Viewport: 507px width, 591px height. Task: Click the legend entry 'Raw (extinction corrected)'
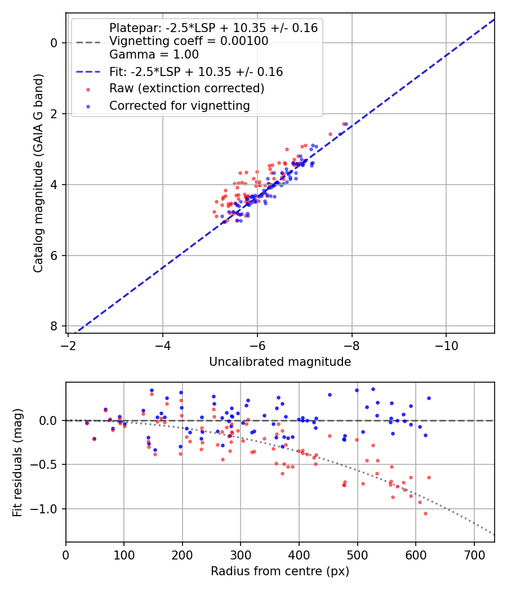(x=186, y=88)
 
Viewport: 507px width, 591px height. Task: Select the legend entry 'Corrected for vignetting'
(x=179, y=105)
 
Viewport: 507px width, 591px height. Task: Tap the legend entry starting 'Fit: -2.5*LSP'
(x=195, y=71)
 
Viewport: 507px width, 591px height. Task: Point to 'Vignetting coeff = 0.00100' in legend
(x=189, y=41)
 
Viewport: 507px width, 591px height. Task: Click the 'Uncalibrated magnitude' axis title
(x=280, y=362)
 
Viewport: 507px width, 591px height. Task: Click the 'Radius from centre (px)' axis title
(x=280, y=571)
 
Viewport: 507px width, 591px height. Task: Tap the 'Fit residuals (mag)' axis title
(x=18, y=463)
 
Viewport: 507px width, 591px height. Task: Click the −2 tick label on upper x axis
(x=68, y=343)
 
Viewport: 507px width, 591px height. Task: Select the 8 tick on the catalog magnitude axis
(x=54, y=326)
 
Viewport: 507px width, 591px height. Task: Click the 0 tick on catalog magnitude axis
(x=54, y=43)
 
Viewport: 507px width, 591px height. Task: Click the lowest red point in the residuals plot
(x=425, y=513)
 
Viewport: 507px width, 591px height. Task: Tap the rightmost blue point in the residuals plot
(x=429, y=398)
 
